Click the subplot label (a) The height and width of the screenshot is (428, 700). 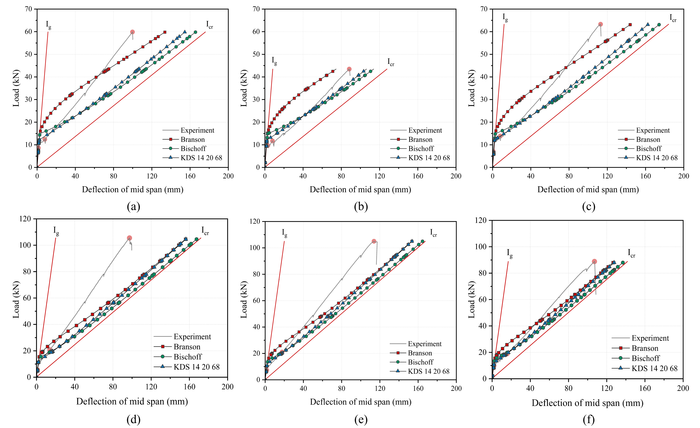pos(133,206)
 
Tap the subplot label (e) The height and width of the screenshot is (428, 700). pos(361,419)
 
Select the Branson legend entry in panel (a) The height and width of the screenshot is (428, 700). pos(193,139)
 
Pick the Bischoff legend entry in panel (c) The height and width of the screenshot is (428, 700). pos(649,149)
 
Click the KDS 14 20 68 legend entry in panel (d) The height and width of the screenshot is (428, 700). pos(197,367)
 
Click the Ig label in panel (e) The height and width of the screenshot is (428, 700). pos(284,233)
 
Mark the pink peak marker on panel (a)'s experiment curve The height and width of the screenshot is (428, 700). pos(132,32)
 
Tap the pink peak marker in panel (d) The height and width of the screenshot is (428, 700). pos(130,238)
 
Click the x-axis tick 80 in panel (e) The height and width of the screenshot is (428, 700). pos(342,388)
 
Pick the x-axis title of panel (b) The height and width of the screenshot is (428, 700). pos(360,190)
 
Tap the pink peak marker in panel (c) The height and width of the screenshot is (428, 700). pos(600,25)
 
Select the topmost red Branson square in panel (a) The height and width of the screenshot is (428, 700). pos(165,32)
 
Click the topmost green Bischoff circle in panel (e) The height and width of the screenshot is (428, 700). pos(422,241)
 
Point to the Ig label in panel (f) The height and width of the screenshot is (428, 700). pos(510,253)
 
